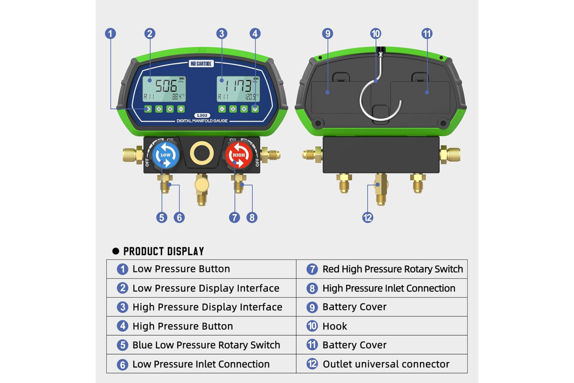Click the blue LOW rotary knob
(166, 155)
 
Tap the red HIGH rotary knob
(239, 155)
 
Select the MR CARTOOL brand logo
(201, 63)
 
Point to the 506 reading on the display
(166, 86)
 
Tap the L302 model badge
(202, 115)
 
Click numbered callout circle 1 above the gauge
(110, 34)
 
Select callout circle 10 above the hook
(375, 34)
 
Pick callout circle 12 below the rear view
(368, 217)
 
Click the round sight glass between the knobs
(202, 153)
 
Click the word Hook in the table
(335, 327)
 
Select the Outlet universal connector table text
(386, 364)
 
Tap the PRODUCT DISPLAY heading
(164, 251)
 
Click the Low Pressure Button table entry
(181, 269)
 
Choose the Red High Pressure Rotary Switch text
(393, 269)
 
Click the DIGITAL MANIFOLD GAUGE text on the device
(202, 121)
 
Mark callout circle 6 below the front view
(179, 217)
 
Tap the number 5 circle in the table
(122, 345)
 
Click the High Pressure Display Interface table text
(207, 307)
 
